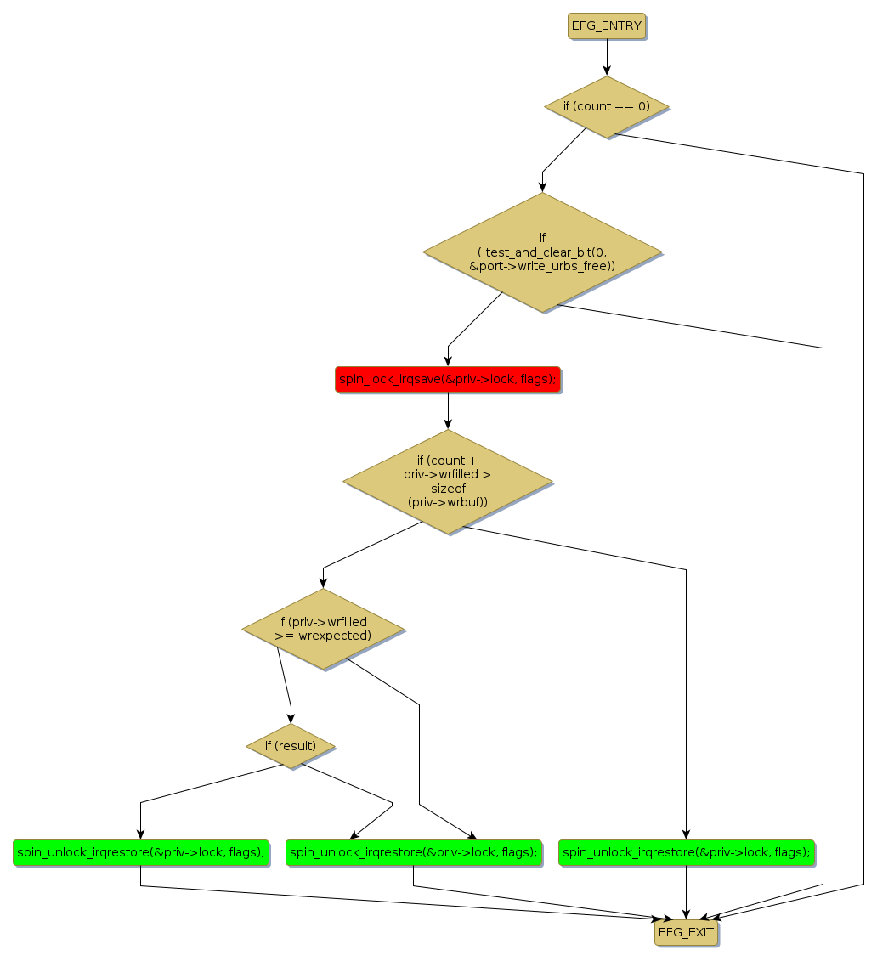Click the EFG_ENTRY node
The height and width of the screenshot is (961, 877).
click(606, 25)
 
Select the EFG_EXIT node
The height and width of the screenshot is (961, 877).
click(686, 933)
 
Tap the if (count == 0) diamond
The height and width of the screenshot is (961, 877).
click(606, 107)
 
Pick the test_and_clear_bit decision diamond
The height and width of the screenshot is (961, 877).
click(542, 252)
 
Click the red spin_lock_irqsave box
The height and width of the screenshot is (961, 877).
click(448, 379)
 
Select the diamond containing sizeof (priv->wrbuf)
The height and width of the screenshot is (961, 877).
click(448, 482)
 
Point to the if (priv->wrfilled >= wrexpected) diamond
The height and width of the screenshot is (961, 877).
click(323, 629)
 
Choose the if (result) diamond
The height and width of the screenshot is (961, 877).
click(291, 746)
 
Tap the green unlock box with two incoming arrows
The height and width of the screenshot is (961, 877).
click(414, 852)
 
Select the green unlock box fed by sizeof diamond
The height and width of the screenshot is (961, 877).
click(687, 852)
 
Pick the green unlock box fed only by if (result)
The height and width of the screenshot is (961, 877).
click(140, 852)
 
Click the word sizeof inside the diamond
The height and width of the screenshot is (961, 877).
click(448, 489)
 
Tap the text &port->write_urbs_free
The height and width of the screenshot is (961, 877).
click(542, 266)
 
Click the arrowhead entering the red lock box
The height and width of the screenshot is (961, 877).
click(448, 362)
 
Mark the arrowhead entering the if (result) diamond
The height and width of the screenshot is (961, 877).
click(291, 719)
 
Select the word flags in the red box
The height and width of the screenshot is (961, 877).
click(535, 379)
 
